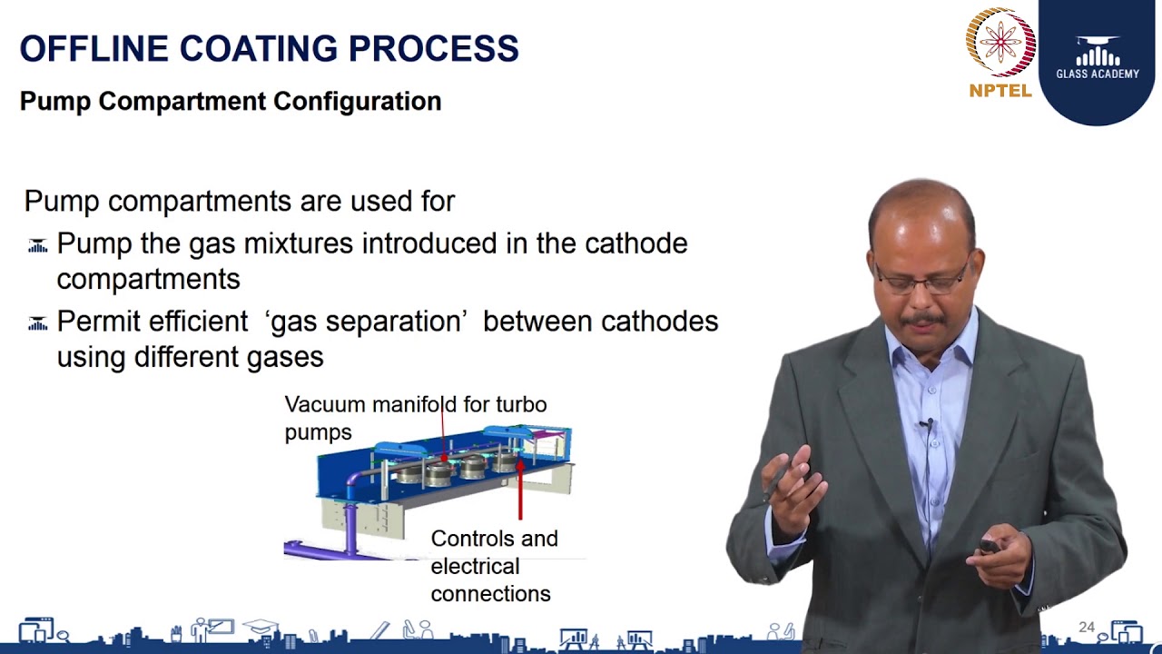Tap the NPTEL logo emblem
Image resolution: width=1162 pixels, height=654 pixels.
pos(1000,42)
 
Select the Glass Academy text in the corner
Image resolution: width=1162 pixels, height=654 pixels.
pos(1098,74)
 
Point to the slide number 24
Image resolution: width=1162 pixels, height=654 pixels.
pos(1086,627)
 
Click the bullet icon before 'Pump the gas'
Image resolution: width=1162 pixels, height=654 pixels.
pos(37,245)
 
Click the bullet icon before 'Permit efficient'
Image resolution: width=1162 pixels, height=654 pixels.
pos(37,323)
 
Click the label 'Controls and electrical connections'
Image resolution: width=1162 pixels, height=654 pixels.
pos(493,566)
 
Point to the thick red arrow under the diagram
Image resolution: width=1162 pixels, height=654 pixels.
pos(520,495)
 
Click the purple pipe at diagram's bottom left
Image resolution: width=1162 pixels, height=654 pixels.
pos(318,549)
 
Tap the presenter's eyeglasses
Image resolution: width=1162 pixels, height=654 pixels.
pos(920,278)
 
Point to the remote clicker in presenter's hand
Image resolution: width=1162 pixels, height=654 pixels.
pos(988,547)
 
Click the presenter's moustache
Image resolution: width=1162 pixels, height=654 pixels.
pos(922,319)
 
